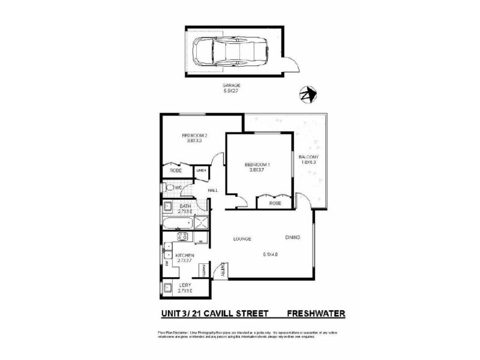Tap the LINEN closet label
[x=201, y=171]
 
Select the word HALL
[x=212, y=191]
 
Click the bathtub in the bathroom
[x=176, y=224]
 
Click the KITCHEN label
[x=184, y=256]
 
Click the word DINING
[x=293, y=238]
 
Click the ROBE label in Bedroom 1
[x=275, y=203]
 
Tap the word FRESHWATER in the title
[x=316, y=313]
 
